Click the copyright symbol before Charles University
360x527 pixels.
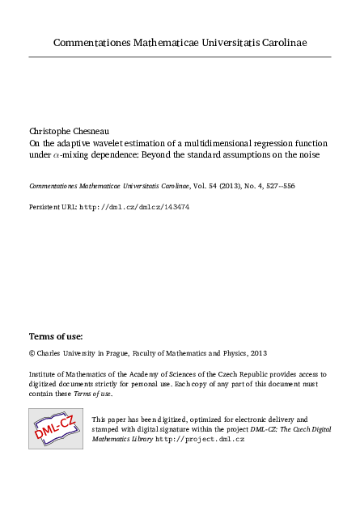[x=32, y=353]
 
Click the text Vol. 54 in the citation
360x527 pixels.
[x=193, y=186]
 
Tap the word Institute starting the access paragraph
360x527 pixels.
[x=44, y=374]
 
